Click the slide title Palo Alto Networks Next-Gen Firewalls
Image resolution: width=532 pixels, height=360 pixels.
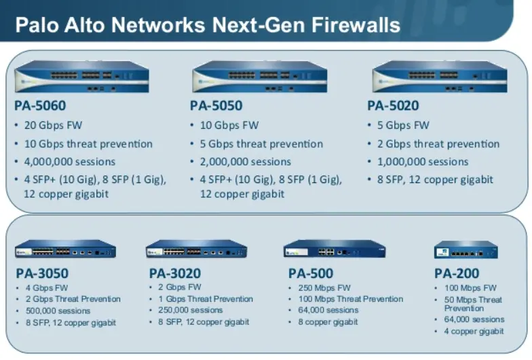point(208,26)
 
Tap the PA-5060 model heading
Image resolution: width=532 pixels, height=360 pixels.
point(40,106)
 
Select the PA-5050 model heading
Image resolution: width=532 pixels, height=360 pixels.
point(216,106)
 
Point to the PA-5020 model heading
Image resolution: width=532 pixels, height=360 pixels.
point(393,106)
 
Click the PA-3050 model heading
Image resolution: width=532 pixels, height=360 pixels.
point(42,274)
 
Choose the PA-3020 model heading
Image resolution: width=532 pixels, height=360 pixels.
point(175,274)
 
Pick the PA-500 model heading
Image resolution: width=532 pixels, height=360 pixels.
point(311,274)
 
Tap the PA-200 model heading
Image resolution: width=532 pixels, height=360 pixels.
point(457,274)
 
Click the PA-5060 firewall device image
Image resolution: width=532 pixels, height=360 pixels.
point(81,76)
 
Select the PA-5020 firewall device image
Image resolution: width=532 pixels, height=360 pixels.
point(439,76)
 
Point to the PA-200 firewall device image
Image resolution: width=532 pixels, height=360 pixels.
point(465,250)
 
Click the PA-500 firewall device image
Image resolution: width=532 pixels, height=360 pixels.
point(335,249)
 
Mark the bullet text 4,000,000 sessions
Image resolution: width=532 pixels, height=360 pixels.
point(70,162)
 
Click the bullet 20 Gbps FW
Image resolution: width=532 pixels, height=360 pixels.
point(54,125)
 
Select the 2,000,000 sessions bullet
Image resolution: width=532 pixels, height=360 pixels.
point(246,162)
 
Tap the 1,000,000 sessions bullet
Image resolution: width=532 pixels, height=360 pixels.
point(423,162)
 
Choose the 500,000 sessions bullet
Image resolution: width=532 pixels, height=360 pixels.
point(58,311)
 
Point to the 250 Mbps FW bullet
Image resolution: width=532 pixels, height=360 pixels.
point(325,287)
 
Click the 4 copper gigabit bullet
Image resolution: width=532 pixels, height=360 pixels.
point(474,331)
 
